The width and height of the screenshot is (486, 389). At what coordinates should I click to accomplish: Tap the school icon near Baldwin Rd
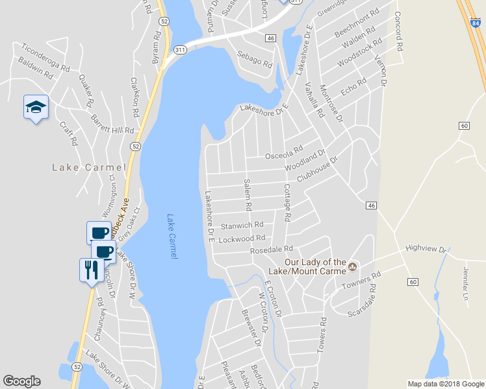(x=36, y=108)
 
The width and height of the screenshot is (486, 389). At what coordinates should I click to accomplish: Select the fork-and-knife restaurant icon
(x=90, y=269)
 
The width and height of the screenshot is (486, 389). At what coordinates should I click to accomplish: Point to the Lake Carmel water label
(x=172, y=237)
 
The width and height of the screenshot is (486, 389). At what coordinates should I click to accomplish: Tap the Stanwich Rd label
(x=242, y=225)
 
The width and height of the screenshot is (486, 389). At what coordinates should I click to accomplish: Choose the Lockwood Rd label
(x=242, y=239)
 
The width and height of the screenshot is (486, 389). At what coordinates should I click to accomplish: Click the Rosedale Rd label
(x=272, y=249)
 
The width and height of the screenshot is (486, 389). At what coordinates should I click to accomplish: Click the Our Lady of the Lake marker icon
(x=353, y=266)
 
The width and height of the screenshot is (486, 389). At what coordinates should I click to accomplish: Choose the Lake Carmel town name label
(x=88, y=167)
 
